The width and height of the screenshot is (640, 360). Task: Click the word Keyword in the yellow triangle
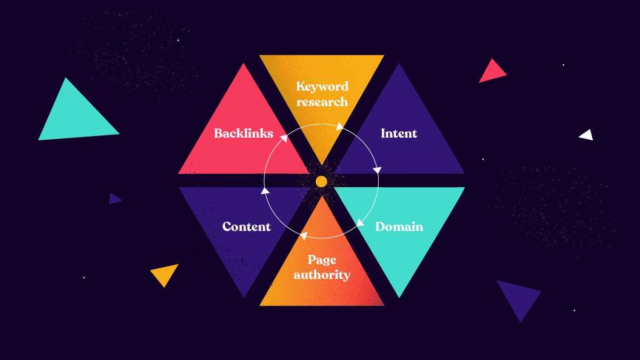click(322, 86)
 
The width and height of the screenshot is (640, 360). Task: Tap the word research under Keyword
click(322, 101)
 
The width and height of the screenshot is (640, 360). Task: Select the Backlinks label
click(243, 133)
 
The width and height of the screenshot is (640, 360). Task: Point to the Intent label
click(398, 133)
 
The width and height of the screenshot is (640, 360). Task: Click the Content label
click(246, 227)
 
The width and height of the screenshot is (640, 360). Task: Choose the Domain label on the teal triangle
click(399, 227)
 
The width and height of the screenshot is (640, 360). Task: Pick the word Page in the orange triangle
click(322, 260)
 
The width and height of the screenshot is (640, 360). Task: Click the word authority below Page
click(322, 275)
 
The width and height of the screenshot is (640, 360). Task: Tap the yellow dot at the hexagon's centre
click(321, 182)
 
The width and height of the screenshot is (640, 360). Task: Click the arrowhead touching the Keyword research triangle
click(339, 127)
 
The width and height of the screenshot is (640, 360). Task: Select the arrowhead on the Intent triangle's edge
click(377, 171)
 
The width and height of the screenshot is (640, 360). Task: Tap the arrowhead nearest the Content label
click(265, 190)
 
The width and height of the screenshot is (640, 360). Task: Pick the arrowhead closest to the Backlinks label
click(284, 138)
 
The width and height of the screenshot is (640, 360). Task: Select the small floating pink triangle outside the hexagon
click(491, 71)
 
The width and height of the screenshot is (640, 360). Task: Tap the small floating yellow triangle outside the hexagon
click(165, 274)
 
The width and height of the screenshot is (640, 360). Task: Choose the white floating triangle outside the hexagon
click(587, 135)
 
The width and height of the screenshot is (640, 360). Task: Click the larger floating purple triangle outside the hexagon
click(518, 298)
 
